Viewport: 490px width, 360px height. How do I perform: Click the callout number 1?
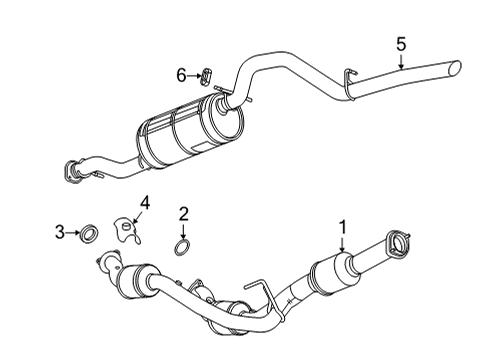(342, 228)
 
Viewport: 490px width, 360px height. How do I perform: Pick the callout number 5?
(400, 44)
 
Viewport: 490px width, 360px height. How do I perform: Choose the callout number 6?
(181, 75)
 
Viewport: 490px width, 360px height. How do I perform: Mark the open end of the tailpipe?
(457, 68)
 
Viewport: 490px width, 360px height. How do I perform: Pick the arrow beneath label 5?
(400, 62)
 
